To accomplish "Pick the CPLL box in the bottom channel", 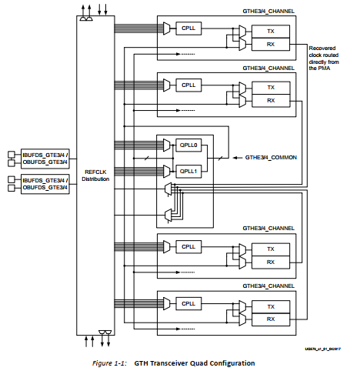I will (x=188, y=303).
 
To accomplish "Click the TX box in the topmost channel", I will (x=270, y=31).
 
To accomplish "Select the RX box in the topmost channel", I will (x=270, y=44).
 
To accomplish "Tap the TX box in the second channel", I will (x=270, y=88).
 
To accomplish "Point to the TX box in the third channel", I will (x=270, y=249).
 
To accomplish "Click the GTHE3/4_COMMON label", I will (x=271, y=157).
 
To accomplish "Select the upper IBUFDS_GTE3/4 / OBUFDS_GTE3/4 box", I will (x=45, y=158).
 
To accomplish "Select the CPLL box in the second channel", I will (x=188, y=84).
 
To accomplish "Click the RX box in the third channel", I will (x=270, y=262).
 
